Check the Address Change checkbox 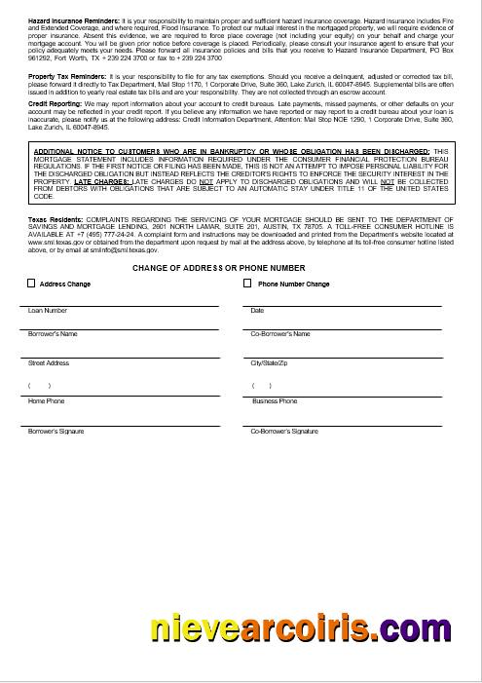(31, 284)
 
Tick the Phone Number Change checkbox (247, 284)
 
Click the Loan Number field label (48, 311)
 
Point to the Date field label (257, 311)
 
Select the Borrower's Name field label (53, 334)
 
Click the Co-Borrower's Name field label (279, 334)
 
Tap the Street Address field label (49, 362)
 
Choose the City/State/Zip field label (268, 362)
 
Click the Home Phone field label (46, 400)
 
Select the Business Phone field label (275, 400)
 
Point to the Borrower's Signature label (56, 430)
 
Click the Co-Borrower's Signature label (283, 430)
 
